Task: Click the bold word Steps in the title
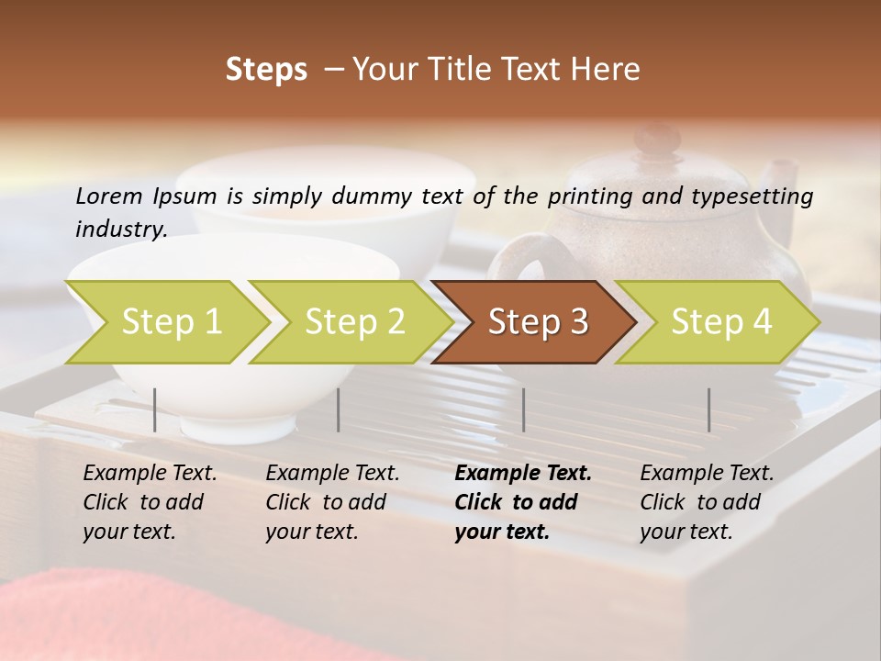point(266,70)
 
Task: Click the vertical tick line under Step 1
point(155,409)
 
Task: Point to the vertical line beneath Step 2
point(339,409)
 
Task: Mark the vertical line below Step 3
point(523,409)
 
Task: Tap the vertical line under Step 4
point(708,409)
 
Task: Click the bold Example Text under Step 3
point(523,502)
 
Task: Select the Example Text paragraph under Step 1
point(150,502)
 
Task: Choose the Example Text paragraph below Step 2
point(332,502)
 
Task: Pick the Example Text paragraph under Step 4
point(707,502)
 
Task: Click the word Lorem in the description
point(108,196)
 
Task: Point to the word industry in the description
point(120,229)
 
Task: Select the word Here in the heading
point(607,70)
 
